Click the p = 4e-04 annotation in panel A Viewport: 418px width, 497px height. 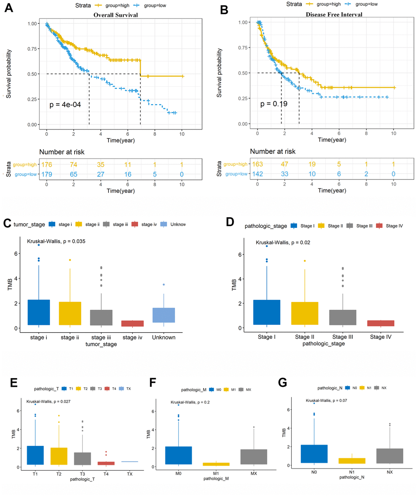[x=65, y=105]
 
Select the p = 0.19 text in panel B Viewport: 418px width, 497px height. [x=274, y=104]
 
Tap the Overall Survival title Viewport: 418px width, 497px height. [x=116, y=15]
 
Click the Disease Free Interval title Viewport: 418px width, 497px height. [x=334, y=14]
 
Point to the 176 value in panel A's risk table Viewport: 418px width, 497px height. [x=47, y=165]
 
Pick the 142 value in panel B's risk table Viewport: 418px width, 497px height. [x=257, y=174]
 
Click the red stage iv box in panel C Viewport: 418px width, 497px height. [x=133, y=323]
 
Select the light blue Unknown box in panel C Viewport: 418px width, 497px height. [x=164, y=315]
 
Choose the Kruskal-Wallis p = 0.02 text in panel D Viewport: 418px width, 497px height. [x=283, y=243]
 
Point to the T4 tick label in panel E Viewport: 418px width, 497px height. [x=106, y=474]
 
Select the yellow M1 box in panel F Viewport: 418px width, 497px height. [x=216, y=464]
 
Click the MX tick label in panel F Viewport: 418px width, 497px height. [x=254, y=473]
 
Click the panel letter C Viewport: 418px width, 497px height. [x=7, y=223]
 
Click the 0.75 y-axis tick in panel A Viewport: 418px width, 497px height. [x=33, y=49]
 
